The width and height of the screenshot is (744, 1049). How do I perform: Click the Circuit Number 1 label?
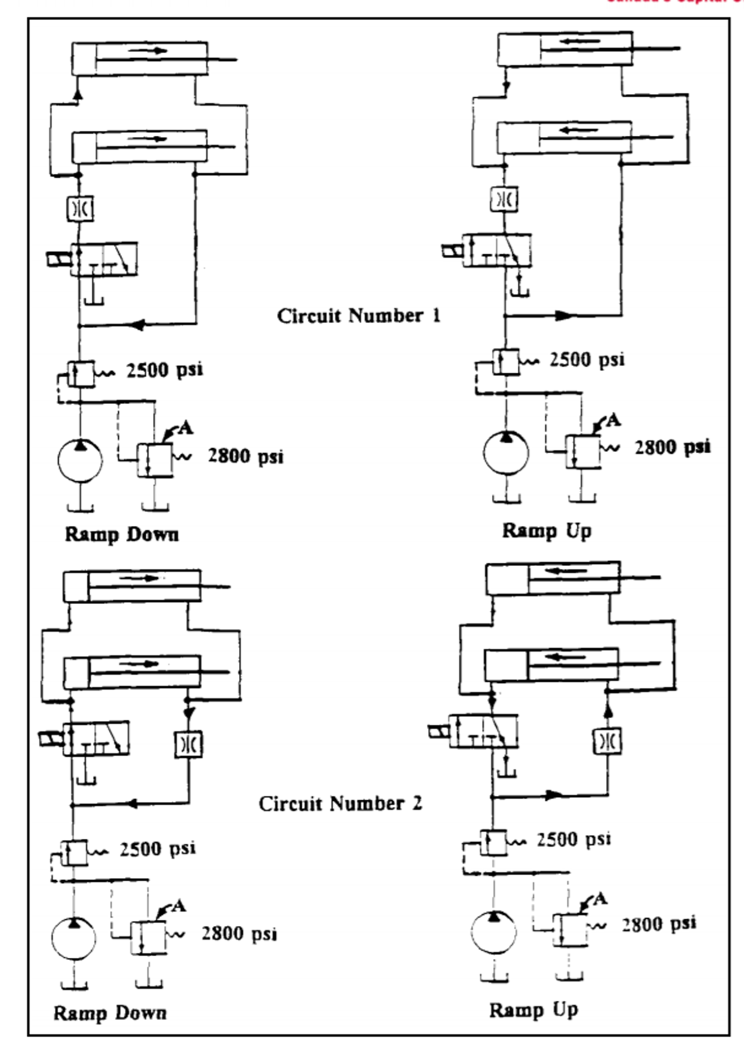point(359,316)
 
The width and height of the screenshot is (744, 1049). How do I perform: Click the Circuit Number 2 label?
point(340,803)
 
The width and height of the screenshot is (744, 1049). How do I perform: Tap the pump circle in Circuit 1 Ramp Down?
point(80,460)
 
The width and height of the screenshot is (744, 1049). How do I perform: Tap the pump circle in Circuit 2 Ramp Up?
point(493,932)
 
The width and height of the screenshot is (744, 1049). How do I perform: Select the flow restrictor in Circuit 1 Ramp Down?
point(81,209)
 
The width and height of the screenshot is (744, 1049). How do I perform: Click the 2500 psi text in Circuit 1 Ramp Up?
point(587,360)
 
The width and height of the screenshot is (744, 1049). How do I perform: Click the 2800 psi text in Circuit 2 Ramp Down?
point(239,934)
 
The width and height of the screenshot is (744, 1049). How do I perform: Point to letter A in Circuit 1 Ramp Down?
point(186,428)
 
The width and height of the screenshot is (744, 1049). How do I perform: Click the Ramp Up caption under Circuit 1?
point(546,531)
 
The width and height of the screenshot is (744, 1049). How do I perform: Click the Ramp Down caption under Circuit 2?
point(110,1013)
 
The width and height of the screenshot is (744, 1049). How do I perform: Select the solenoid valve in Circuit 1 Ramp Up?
point(497,250)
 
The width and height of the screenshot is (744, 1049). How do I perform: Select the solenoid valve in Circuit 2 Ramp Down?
point(95,738)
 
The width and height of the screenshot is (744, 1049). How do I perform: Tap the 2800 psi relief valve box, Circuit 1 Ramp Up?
point(583,451)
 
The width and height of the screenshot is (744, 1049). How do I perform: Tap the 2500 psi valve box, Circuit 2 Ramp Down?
point(74,853)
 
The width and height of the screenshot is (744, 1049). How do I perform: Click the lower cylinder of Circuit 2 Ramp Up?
point(552,664)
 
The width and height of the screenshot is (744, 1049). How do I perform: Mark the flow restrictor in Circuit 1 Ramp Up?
point(504,199)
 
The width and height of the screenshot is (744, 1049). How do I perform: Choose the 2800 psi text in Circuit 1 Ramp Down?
point(246,456)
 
